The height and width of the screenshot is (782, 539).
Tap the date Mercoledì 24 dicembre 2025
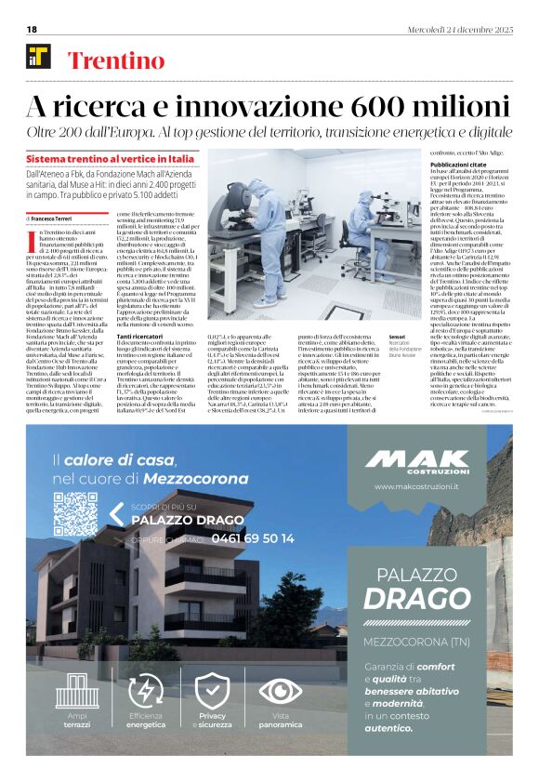click(459, 30)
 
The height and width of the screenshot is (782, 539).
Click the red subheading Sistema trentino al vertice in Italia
click(111, 159)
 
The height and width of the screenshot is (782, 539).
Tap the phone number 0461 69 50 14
click(241, 538)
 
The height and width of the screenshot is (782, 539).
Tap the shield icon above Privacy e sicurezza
click(212, 691)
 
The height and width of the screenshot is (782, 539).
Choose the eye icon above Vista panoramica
click(280, 691)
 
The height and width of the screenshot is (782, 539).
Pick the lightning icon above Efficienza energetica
click(146, 691)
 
